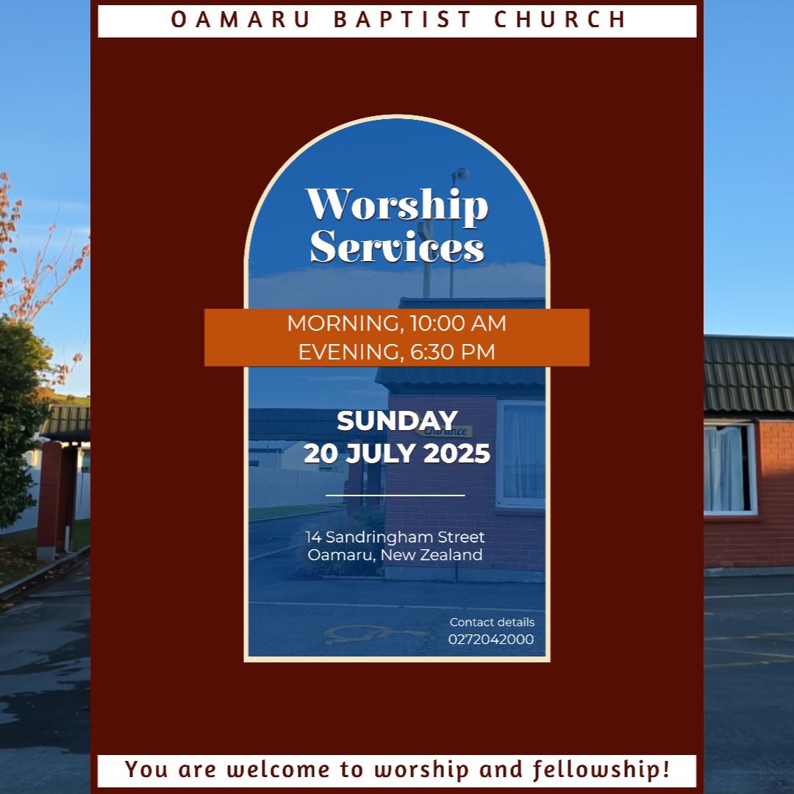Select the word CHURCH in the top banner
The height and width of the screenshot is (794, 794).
pos(560,20)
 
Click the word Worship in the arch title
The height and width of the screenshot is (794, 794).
pos(397,206)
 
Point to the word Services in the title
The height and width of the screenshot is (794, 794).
pos(397,248)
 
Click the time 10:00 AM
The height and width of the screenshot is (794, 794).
pos(458,323)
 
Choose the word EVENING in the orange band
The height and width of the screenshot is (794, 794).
pos(350,352)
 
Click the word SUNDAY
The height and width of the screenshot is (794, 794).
pos(397,421)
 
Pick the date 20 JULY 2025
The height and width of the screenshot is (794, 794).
pos(397,454)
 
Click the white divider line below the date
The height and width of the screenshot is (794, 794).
pos(396,496)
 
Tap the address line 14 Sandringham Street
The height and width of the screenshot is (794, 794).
pos(396,537)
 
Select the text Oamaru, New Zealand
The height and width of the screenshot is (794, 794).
pos(396,555)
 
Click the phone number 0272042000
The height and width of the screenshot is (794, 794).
pos(491,640)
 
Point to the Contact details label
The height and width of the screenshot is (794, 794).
pos(492,623)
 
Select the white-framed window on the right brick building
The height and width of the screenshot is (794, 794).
pos(729,468)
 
